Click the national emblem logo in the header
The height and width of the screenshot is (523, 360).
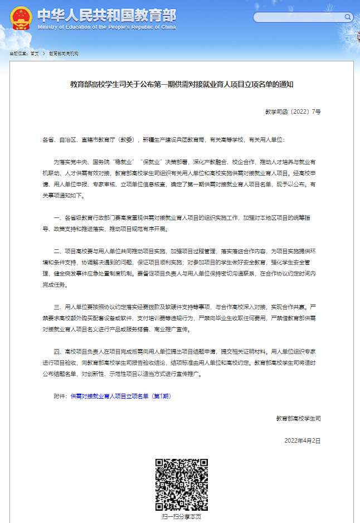point(21,18)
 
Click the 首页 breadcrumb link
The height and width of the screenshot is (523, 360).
point(35,54)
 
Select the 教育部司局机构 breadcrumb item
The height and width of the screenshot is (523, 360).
point(64,54)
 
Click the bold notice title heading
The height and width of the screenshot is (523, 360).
point(182,85)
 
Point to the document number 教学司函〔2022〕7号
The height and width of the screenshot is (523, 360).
point(293,112)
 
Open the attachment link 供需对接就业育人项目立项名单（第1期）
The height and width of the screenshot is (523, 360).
point(119,395)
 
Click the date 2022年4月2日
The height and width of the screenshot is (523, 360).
point(303,440)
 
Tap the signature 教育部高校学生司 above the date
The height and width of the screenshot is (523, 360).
point(299,418)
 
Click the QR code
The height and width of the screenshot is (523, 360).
point(182,485)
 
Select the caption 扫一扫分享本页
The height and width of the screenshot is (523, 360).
point(181,517)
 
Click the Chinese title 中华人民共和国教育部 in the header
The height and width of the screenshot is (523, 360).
point(106,14)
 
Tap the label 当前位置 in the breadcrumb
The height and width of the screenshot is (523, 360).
point(18,54)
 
